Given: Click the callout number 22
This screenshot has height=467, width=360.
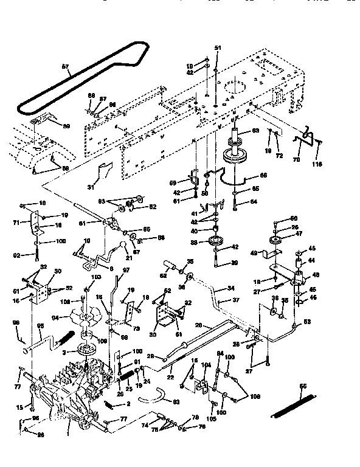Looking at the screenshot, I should pos(169,378).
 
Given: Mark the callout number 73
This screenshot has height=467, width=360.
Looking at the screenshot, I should pos(134,328).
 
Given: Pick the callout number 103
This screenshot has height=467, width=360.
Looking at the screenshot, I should pos(94,277).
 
